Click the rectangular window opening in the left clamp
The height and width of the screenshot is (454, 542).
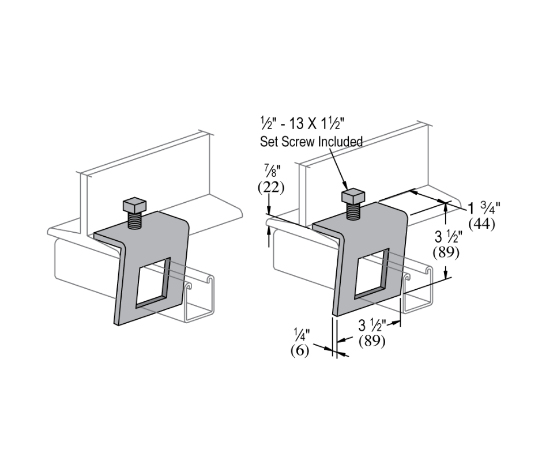pyautogui.click(x=150, y=282)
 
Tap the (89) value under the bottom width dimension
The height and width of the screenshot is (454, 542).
pyautogui.click(x=372, y=342)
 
